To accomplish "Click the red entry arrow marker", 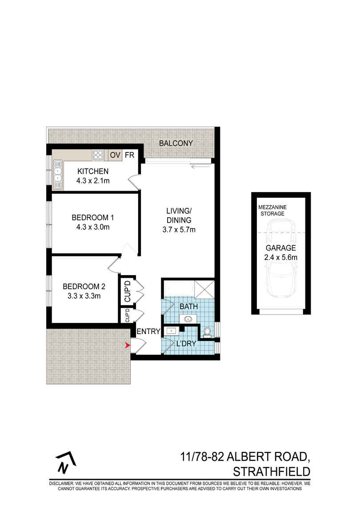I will click(128, 345).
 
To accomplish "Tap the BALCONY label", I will click(176, 143).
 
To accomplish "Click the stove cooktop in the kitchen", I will click(98, 155).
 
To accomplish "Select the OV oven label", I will click(115, 155).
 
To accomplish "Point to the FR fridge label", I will click(129, 155).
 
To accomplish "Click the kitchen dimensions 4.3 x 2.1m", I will click(93, 180).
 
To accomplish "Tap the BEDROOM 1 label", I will click(93, 218).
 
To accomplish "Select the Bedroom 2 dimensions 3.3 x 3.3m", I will click(84, 295).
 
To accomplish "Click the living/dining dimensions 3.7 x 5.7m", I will click(179, 230).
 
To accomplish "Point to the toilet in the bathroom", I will click(207, 332).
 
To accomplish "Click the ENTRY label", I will click(148, 331).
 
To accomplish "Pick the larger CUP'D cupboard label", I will click(127, 291).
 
